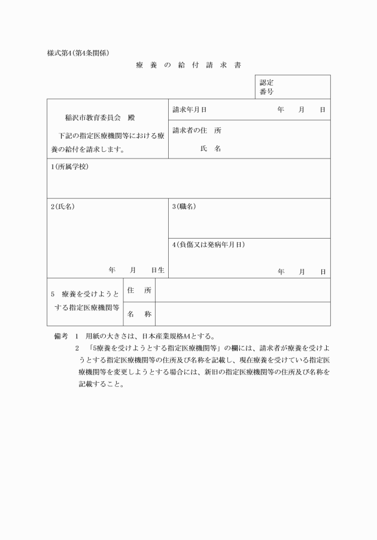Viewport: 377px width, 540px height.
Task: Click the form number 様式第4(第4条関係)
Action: (x=78, y=53)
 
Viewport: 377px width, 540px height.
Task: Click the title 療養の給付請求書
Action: (x=188, y=65)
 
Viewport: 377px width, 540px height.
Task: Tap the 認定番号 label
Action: (x=267, y=87)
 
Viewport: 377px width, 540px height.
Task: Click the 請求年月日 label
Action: (x=189, y=110)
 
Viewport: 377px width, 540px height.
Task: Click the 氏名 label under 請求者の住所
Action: (x=211, y=148)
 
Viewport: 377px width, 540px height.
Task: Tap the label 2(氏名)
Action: (x=63, y=206)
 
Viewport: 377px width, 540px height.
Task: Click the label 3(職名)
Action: (x=184, y=206)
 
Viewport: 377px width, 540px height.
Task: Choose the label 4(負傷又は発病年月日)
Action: (x=208, y=245)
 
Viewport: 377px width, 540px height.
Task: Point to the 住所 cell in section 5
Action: (x=139, y=290)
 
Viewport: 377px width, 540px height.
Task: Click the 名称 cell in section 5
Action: (x=139, y=314)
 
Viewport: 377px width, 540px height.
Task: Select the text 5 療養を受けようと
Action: (x=85, y=294)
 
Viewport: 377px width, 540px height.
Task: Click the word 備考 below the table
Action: (x=62, y=336)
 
